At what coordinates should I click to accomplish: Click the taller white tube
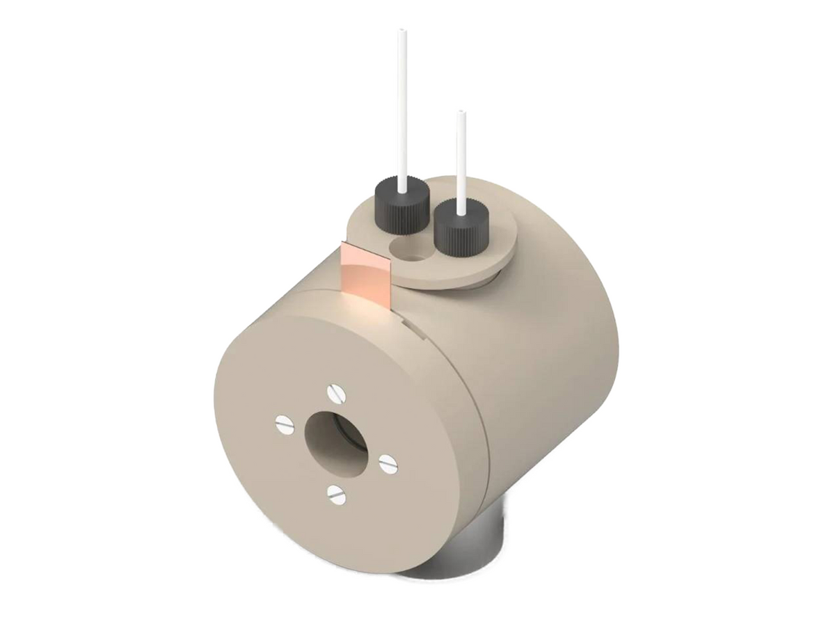(401, 104)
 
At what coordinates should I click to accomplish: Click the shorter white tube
(461, 160)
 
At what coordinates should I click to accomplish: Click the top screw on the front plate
(337, 394)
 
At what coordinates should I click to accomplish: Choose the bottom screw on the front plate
(335, 495)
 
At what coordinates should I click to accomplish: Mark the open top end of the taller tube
(401, 31)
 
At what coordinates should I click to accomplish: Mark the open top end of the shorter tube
(461, 113)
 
